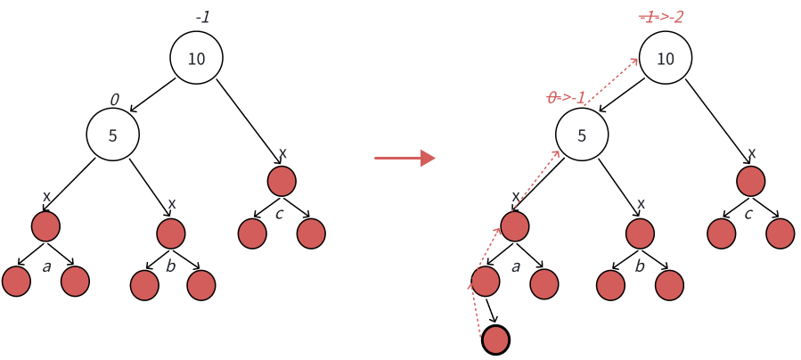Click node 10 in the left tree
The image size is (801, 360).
196,59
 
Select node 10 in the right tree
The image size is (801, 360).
666,59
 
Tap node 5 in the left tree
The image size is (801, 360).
113,135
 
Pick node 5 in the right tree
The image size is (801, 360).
582,135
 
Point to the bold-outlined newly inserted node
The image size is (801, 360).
495,340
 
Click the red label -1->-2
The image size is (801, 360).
662,17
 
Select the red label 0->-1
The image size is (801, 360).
567,98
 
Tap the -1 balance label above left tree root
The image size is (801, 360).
202,17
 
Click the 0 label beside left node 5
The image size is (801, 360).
114,98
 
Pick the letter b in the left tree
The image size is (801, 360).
172,266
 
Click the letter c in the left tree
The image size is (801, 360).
280,214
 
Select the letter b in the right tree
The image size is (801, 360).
640,266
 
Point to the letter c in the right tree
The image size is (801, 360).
748,214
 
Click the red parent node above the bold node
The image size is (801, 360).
485,281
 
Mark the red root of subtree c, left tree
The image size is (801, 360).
282,181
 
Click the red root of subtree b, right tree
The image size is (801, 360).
640,233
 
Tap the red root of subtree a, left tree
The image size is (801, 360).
45,226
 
